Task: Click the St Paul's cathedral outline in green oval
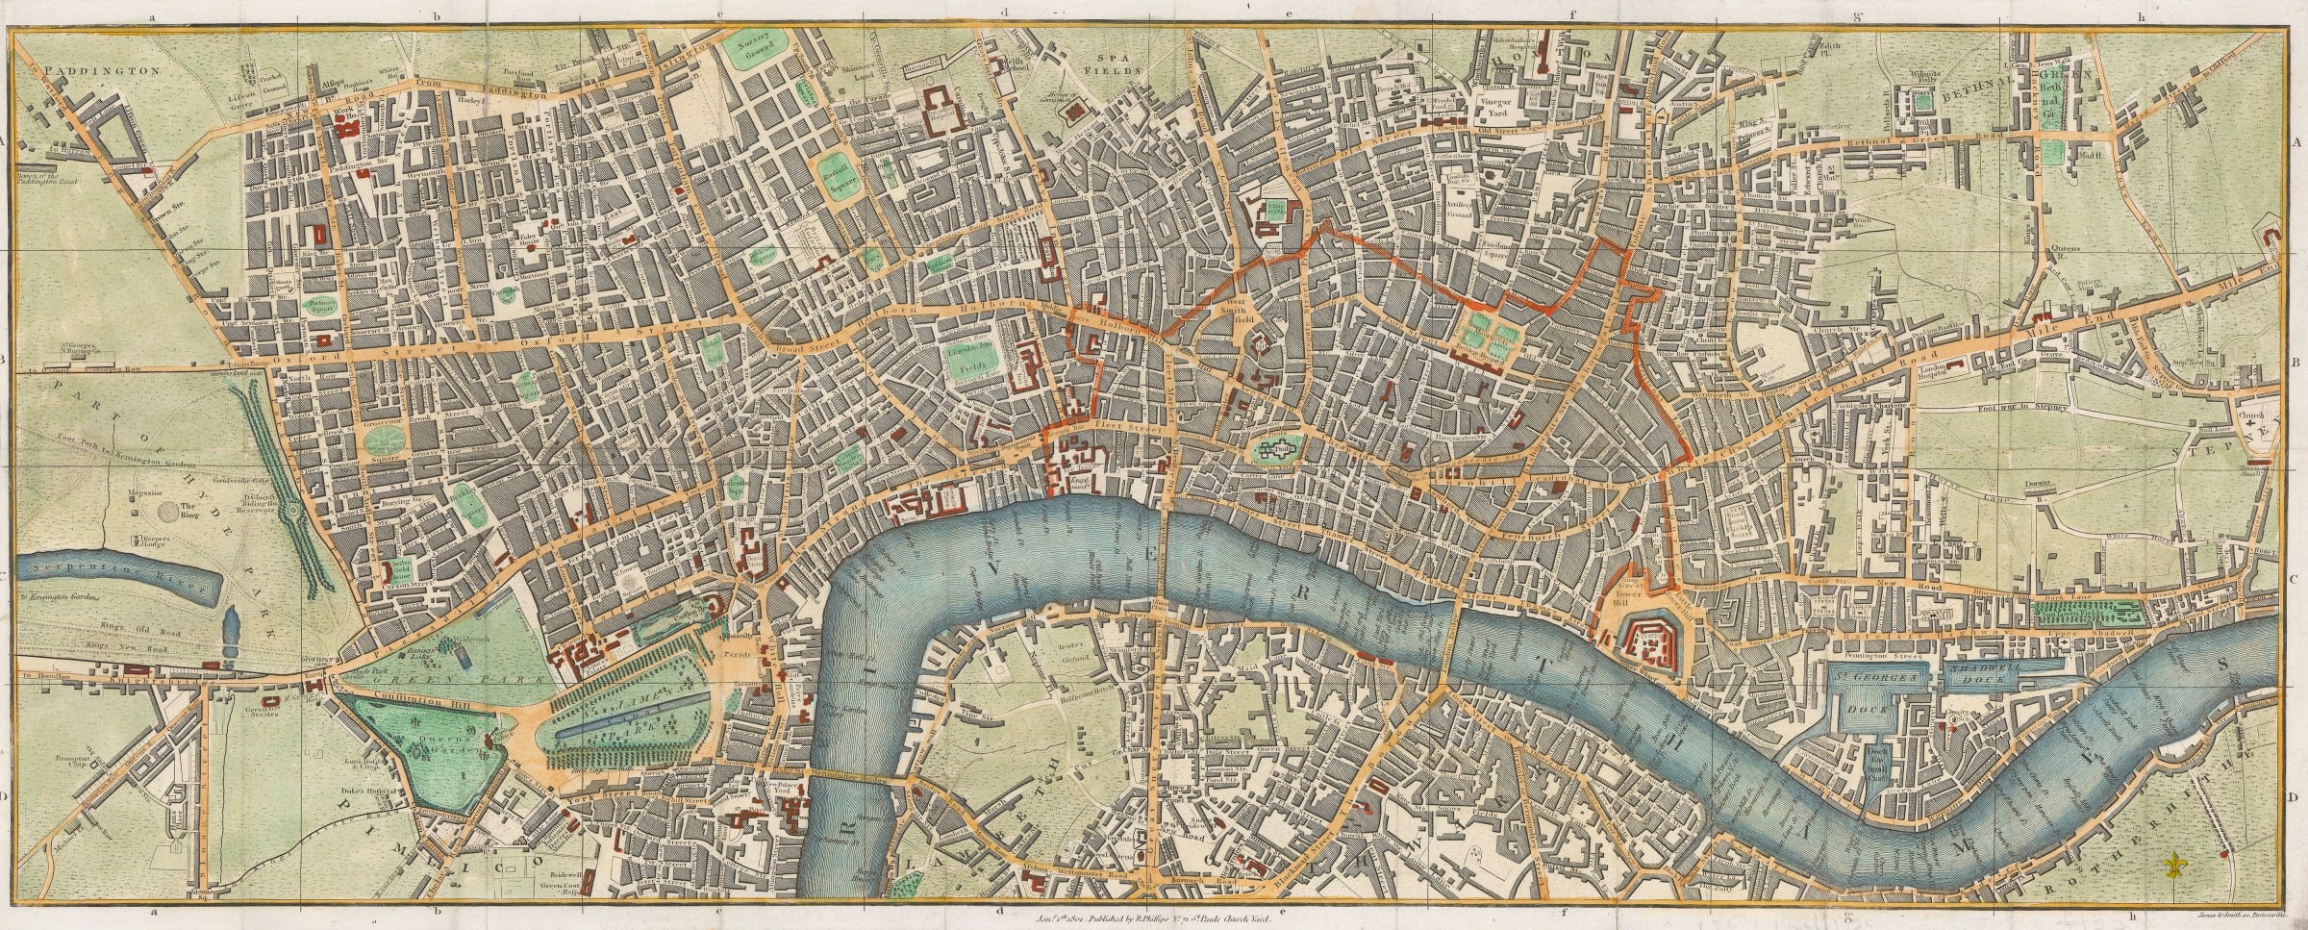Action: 1275,446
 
